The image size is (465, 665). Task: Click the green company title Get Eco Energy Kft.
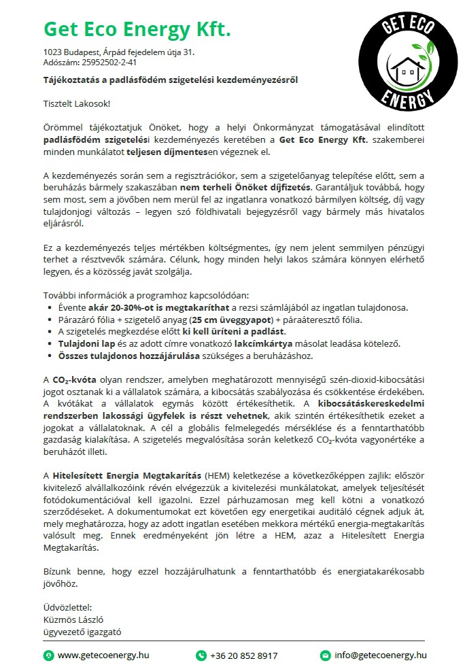click(x=137, y=29)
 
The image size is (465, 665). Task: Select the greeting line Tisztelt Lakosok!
click(x=76, y=103)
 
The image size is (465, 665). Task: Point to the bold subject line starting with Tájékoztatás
click(x=170, y=80)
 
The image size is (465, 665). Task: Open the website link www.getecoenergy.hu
click(x=103, y=655)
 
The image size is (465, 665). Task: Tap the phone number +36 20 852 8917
click(x=244, y=655)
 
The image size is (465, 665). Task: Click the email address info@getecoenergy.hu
click(x=381, y=655)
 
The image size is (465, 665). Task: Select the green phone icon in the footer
click(x=201, y=655)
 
